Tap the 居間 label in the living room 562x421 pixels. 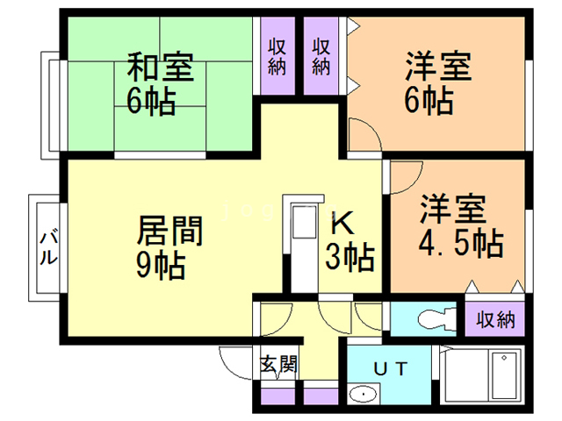point(170,232)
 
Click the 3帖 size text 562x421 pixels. point(350,257)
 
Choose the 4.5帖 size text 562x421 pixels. point(460,242)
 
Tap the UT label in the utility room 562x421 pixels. point(391,368)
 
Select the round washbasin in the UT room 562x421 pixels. point(362,396)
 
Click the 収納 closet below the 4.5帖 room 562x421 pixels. point(495,318)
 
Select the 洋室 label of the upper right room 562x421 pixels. point(439,68)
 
